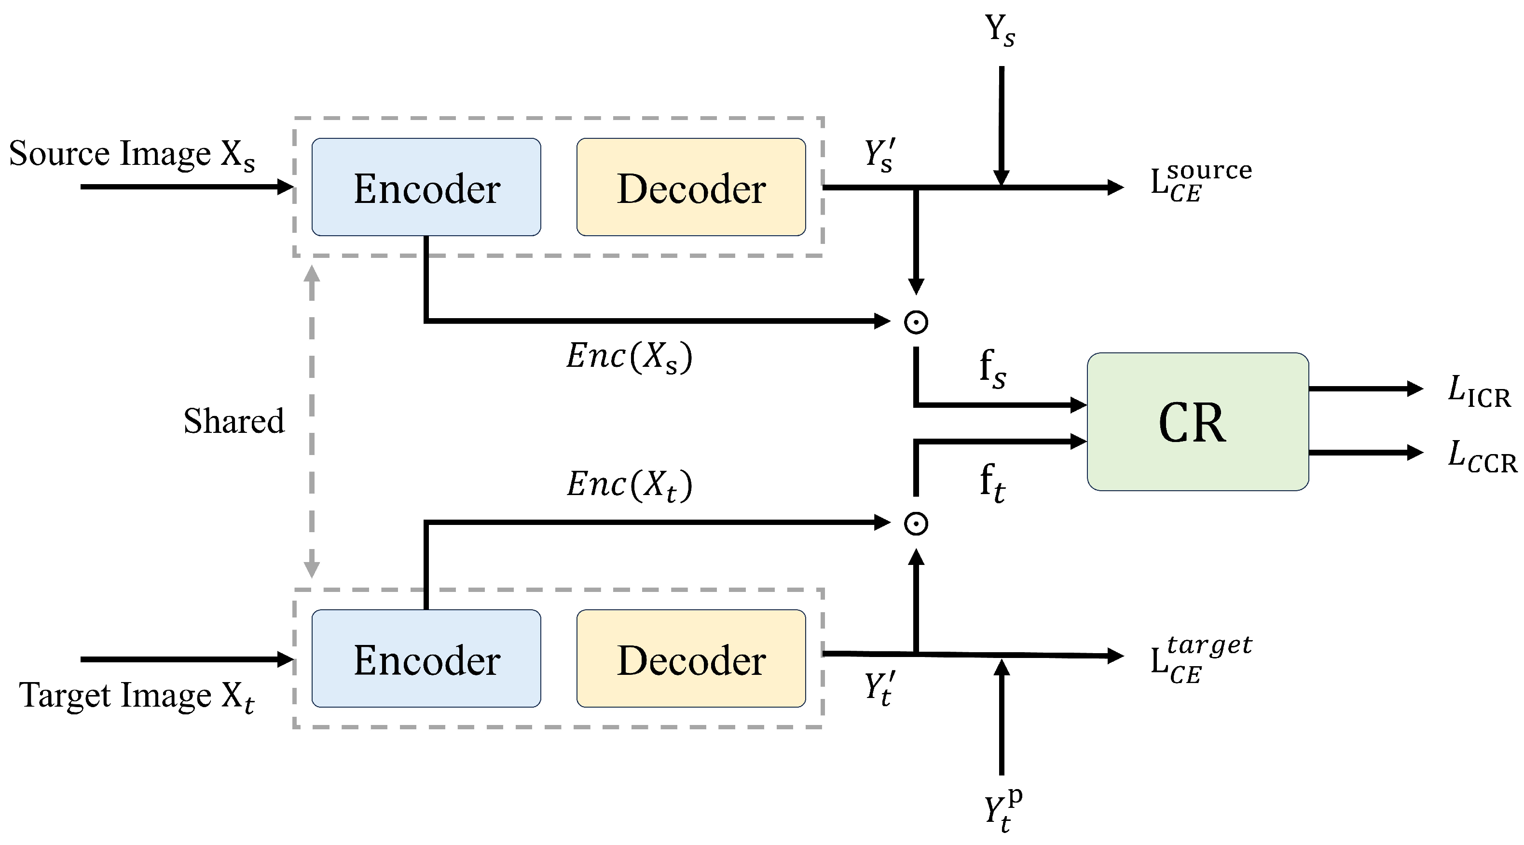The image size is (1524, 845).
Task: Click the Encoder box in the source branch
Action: pos(426,188)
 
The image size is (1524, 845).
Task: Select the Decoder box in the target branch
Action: pos(691,659)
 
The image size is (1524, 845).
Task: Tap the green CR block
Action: pos(1197,422)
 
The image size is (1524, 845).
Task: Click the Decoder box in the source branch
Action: pos(691,188)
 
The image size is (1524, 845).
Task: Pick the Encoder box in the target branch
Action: pos(426,659)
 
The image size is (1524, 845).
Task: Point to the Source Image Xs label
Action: pos(131,155)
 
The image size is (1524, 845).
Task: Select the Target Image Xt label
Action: pos(136,696)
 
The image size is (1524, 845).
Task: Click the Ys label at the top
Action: pos(999,29)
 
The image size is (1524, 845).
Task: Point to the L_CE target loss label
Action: pos(1200,660)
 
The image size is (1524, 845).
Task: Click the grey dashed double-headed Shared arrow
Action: pos(312,421)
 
